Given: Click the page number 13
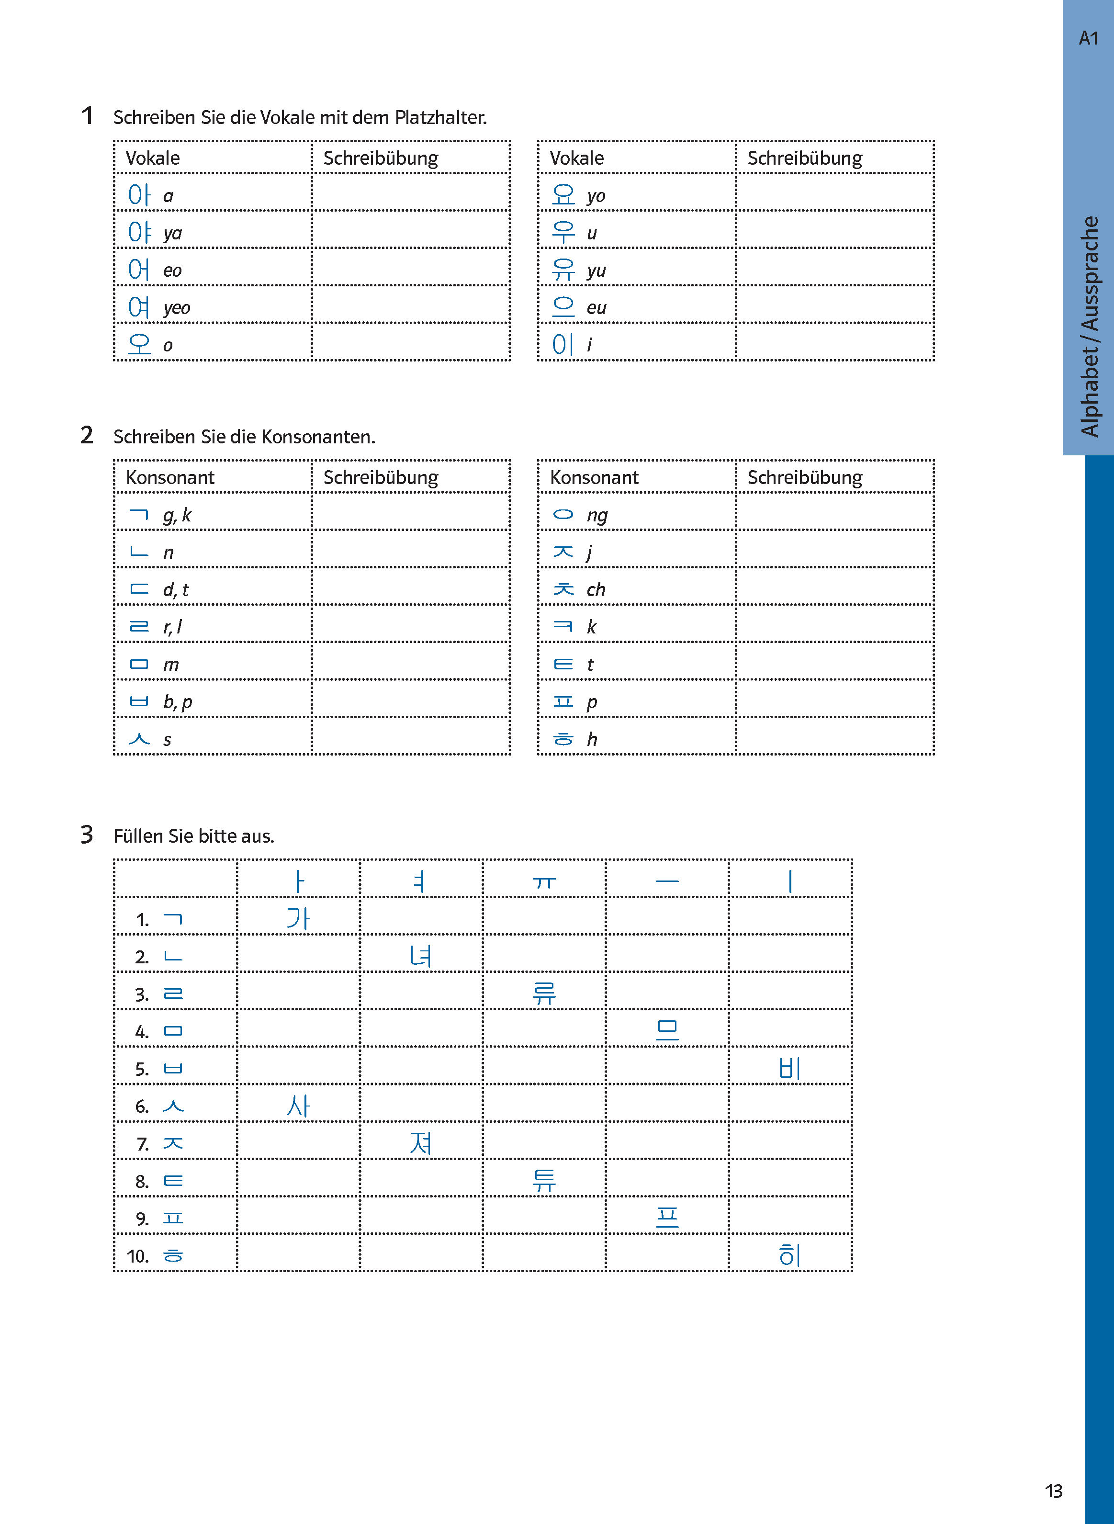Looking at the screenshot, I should (1053, 1491).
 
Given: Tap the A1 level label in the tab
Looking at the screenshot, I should (1088, 38).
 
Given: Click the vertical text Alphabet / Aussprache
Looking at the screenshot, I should (1089, 327).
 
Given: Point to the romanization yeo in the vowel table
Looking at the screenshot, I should (177, 308).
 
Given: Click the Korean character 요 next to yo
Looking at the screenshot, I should (563, 195).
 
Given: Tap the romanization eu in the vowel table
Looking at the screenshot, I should (596, 308).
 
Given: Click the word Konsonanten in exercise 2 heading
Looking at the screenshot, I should (317, 437).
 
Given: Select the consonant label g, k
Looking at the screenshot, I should (177, 515).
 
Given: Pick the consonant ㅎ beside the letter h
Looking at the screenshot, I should (563, 739).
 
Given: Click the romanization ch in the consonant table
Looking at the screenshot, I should (596, 589).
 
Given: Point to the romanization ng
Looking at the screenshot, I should (597, 515).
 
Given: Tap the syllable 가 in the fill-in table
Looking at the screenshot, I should (298, 918).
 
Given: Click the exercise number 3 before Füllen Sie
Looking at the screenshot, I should (87, 835).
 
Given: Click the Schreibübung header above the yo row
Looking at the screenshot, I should (804, 158).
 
